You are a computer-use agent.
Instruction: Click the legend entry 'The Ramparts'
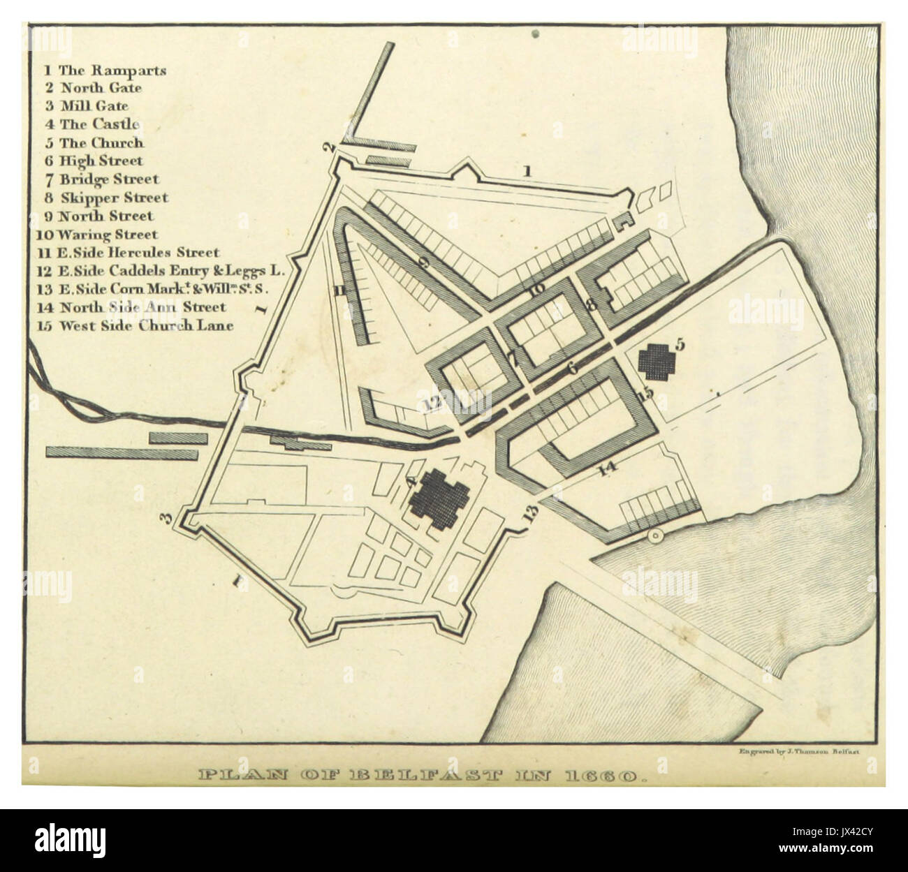pos(105,70)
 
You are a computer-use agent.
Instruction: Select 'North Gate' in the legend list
pos(93,88)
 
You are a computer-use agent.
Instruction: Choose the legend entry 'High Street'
pos(93,161)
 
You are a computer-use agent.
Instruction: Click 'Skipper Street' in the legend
pos(105,198)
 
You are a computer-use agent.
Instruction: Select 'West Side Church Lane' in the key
pos(138,325)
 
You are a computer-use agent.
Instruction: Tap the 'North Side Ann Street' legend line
pos(133,306)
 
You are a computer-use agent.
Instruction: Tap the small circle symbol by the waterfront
pos(654,536)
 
